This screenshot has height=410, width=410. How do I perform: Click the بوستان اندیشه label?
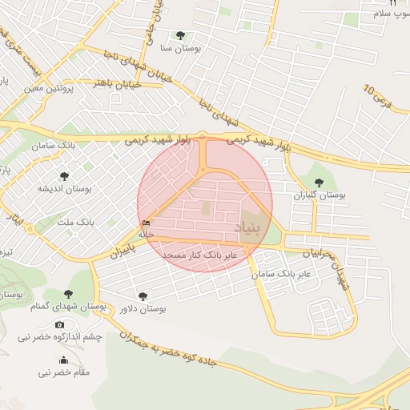tap(65, 189)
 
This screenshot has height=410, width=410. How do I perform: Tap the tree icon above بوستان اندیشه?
tap(64, 176)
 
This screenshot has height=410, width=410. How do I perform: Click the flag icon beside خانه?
tap(145, 223)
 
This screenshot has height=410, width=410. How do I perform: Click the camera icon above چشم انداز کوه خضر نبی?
tap(60, 324)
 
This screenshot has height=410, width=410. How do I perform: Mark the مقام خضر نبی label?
tap(64, 372)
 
